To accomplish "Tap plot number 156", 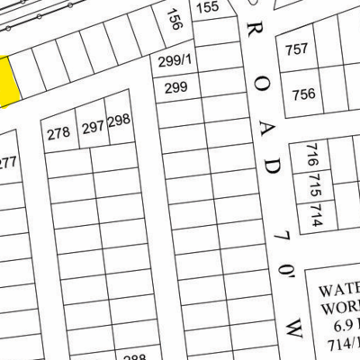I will (x=175, y=22).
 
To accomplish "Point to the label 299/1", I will (x=175, y=61).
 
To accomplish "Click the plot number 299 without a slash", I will (x=175, y=87).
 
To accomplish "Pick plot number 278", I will (x=58, y=133).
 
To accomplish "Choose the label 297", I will (x=93, y=129).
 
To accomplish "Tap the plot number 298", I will (x=119, y=120).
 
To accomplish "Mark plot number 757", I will (x=296, y=49).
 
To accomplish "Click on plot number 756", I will (x=303, y=94).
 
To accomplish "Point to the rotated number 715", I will (x=313, y=185).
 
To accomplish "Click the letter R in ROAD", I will (x=254, y=32).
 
